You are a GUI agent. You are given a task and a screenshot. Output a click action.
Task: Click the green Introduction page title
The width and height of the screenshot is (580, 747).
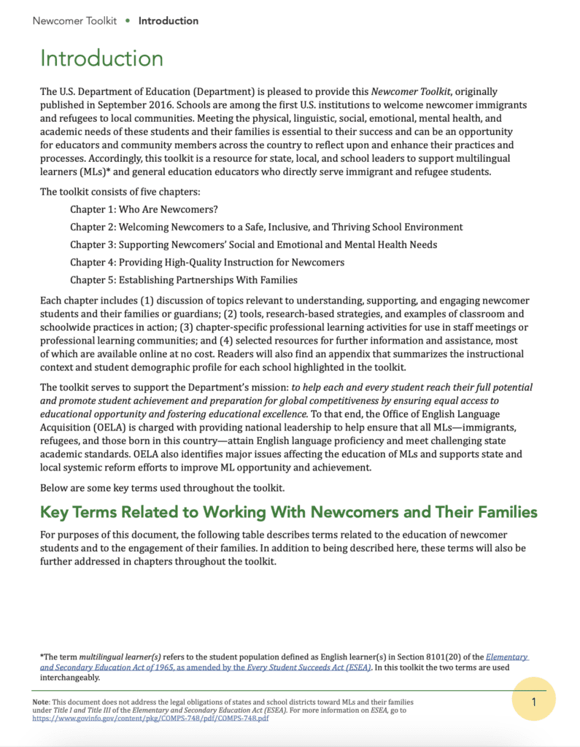101,58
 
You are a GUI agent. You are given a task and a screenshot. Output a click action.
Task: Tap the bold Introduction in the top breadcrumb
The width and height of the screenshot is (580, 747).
168,20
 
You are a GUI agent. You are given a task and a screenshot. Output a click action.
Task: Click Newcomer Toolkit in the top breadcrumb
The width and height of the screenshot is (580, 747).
74,20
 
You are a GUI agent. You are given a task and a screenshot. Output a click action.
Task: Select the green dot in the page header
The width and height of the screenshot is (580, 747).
128,20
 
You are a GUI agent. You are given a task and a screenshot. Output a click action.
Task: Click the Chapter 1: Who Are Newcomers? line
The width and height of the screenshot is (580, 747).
144,209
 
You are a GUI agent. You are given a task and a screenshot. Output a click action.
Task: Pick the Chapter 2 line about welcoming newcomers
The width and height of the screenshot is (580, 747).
266,227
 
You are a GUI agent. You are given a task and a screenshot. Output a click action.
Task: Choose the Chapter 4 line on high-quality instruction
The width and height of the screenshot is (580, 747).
207,262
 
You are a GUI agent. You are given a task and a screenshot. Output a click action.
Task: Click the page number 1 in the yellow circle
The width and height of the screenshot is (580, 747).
533,702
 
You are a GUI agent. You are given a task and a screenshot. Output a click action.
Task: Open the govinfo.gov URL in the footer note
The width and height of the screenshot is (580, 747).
151,718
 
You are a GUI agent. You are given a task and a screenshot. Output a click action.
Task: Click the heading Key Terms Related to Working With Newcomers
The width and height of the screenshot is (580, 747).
288,512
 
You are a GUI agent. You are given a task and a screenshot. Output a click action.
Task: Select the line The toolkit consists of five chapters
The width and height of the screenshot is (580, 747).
120,192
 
